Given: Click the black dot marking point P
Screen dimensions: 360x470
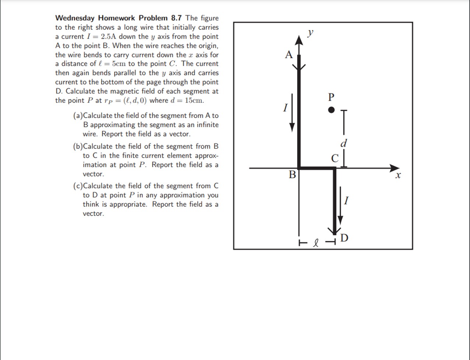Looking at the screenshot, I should click(331, 110).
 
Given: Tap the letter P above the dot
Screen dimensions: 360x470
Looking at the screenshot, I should click(331, 97).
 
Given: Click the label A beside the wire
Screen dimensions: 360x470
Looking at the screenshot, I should click(289, 55).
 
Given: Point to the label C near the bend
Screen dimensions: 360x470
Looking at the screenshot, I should click(335, 158).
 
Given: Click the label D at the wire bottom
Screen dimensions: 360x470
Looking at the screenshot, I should click(344, 238).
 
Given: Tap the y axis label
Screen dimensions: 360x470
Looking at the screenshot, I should click(311, 33).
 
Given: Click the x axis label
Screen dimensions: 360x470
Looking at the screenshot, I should click(397, 176).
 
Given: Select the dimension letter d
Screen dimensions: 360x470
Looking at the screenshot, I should click(344, 143).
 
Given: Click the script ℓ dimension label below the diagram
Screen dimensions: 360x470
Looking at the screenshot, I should click(315, 243).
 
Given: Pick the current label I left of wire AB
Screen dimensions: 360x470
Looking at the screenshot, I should click(285, 108).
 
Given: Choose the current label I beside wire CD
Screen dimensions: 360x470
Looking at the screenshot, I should click(346, 201).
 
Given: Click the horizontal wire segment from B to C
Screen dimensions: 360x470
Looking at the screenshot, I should click(317, 168).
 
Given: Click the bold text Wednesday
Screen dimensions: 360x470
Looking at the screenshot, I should click(75, 18).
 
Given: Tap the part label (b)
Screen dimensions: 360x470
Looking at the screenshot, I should click(78, 146).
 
